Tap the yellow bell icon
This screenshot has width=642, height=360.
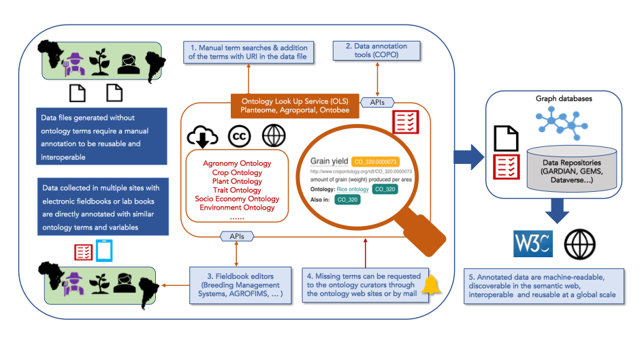430,285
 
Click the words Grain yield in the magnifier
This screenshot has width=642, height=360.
329,161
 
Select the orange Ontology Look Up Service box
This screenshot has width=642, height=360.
290,105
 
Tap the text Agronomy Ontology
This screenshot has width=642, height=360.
237,163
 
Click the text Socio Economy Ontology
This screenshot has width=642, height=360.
237,199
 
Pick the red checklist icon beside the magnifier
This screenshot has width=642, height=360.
404,122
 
